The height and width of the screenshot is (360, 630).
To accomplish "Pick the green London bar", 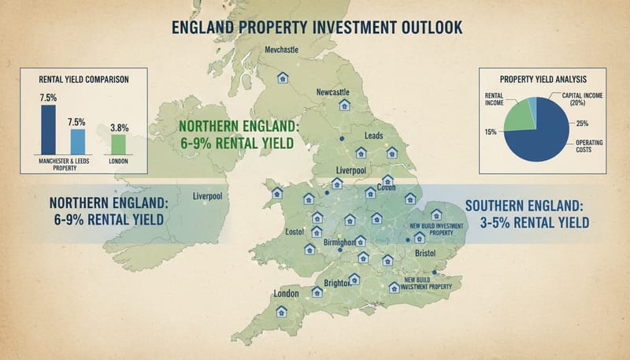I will click(118, 143).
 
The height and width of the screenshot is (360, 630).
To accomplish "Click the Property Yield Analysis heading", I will click(543, 78).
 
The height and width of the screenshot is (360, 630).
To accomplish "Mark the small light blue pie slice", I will click(532, 103).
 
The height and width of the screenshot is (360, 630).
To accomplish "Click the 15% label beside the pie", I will click(491, 131).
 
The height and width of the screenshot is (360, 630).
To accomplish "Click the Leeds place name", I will click(374, 135).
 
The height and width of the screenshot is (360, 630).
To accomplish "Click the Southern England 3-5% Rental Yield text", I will click(528, 213).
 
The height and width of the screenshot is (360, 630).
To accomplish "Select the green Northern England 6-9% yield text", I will click(235, 134).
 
